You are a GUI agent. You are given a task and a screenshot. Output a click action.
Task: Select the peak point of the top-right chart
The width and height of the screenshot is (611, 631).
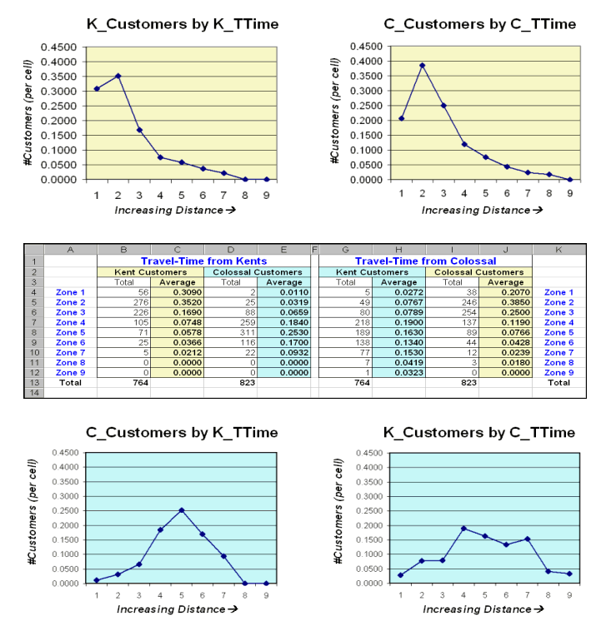(x=423, y=65)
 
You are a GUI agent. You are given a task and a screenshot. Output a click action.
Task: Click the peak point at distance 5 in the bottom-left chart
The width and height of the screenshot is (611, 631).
(x=181, y=510)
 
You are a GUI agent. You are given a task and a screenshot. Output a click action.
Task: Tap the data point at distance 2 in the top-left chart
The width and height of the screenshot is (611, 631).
(x=118, y=76)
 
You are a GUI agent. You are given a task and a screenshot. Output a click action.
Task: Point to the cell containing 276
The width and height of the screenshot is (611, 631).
(x=125, y=302)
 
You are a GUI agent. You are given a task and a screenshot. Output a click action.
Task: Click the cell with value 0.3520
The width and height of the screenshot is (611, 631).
(x=177, y=302)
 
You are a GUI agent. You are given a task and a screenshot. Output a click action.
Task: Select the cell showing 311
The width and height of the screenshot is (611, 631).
(x=230, y=332)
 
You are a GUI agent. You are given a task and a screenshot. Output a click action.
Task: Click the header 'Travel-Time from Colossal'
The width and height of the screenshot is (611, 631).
(x=425, y=261)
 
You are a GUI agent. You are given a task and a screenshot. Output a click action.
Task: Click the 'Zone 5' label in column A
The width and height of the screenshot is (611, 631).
(x=70, y=332)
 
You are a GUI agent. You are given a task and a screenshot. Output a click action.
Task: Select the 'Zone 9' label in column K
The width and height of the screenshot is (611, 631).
(x=558, y=372)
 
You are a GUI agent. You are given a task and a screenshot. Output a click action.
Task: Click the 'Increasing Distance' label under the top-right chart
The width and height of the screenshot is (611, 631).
(x=482, y=210)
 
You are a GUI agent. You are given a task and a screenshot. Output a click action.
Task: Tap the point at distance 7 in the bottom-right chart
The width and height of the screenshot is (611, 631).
(x=528, y=539)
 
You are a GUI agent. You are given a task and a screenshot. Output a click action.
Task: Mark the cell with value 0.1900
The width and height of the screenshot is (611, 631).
(x=398, y=322)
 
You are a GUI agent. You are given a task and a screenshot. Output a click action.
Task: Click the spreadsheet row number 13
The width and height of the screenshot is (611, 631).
(x=33, y=382)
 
